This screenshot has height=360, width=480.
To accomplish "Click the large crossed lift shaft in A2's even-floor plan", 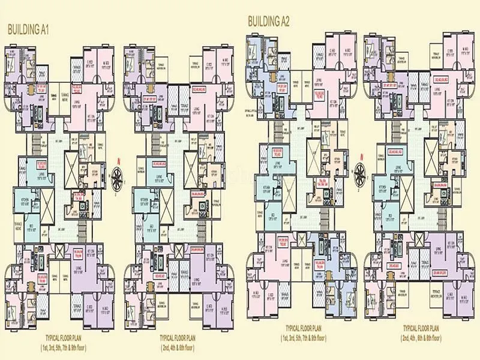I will point(434,148).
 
